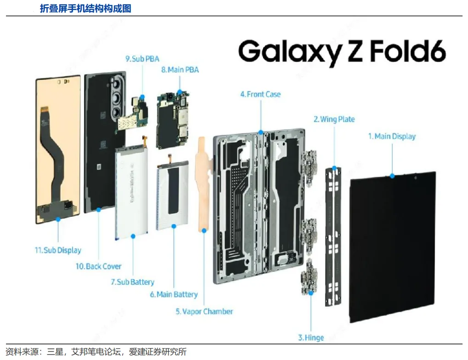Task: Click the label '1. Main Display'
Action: (392, 136)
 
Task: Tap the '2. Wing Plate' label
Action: (334, 119)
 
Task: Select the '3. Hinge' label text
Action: (311, 337)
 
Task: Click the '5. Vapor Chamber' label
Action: (204, 311)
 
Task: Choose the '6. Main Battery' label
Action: (174, 294)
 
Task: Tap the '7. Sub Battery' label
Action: (132, 282)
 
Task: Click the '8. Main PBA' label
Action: (180, 70)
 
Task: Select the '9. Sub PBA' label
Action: (142, 59)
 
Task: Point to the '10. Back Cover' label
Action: (98, 266)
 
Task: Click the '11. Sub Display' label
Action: (58, 250)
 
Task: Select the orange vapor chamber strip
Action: (202, 184)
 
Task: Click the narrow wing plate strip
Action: (334, 234)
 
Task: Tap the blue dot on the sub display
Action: (58, 219)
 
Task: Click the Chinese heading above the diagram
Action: (85, 8)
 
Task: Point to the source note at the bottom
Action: (96, 352)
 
